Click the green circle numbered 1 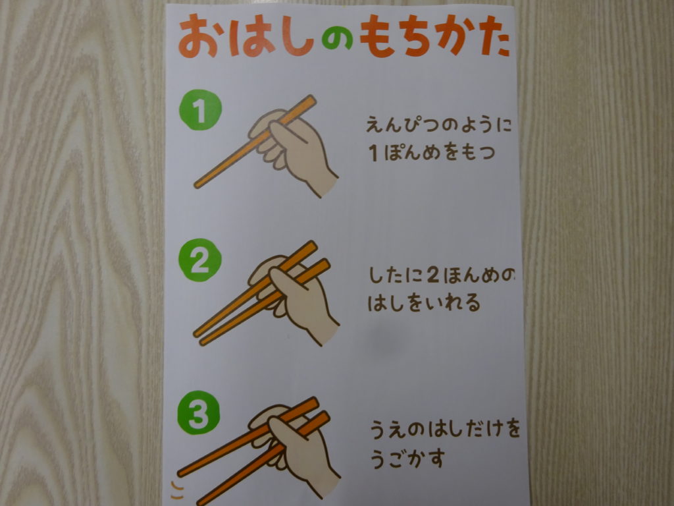pyautogui.click(x=200, y=110)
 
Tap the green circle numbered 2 pyautogui.click(x=200, y=260)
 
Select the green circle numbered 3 pyautogui.click(x=198, y=413)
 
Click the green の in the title pyautogui.click(x=337, y=40)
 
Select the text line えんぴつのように pyautogui.click(x=439, y=125)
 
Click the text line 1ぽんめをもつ pyautogui.click(x=432, y=152)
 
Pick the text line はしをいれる pyautogui.click(x=424, y=302)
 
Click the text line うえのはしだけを pyautogui.click(x=445, y=429)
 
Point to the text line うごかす pyautogui.click(x=407, y=459)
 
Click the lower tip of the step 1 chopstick pyautogui.click(x=196, y=186)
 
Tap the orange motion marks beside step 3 pyautogui.click(x=176, y=490)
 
